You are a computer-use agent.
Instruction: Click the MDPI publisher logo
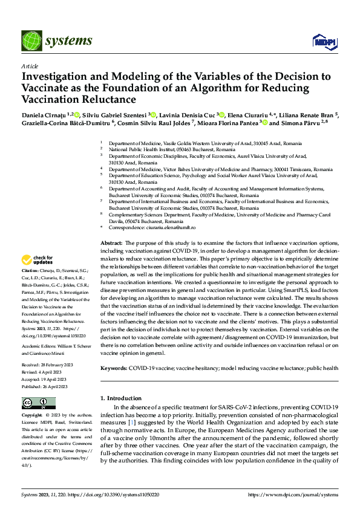point(323,41)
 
